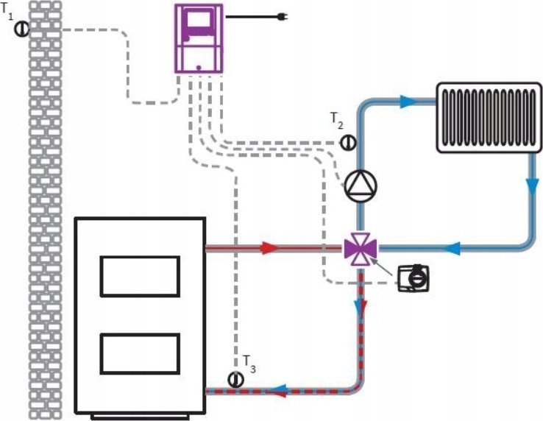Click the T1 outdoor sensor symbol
(x=22, y=29)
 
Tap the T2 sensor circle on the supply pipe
(x=348, y=142)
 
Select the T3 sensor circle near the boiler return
(x=236, y=380)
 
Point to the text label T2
(x=336, y=121)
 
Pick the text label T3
(x=249, y=364)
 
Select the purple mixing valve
(x=360, y=249)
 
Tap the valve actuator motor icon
(x=414, y=278)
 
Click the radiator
(x=489, y=118)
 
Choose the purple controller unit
(x=199, y=38)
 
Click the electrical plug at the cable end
(x=283, y=16)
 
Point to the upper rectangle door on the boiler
(x=140, y=276)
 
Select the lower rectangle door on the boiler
(x=140, y=354)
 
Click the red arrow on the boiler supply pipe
(x=270, y=248)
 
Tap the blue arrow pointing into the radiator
(x=408, y=102)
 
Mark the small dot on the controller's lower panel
(x=199, y=67)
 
